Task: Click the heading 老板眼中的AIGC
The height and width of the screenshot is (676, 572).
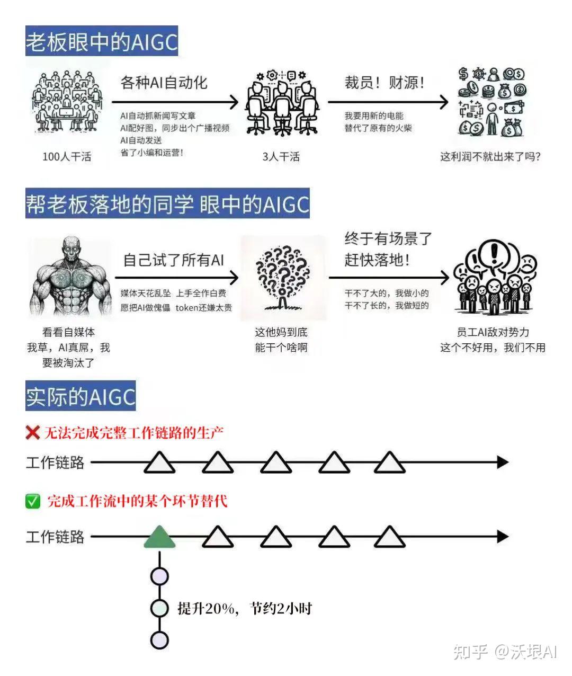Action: [102, 41]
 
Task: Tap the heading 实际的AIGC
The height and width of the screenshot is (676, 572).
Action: [81, 396]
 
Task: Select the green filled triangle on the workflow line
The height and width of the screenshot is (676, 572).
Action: [159, 537]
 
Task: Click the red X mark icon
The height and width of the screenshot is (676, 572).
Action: [33, 433]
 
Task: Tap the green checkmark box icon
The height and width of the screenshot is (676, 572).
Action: [33, 501]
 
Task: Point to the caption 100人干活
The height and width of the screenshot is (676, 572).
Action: [67, 157]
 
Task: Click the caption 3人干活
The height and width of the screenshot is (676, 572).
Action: [281, 157]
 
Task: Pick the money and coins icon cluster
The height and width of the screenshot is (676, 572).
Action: [493, 102]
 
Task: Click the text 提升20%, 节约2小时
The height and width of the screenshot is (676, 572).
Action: [244, 608]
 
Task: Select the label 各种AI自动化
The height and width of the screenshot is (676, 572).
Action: [164, 83]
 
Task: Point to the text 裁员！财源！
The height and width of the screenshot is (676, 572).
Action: [385, 83]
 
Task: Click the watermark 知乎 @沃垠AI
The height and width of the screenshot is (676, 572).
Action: [505, 652]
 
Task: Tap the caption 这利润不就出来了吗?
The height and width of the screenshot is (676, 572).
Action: [490, 157]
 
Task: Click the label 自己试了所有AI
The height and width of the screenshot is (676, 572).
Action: [173, 260]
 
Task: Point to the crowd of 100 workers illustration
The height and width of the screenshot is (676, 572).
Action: [67, 102]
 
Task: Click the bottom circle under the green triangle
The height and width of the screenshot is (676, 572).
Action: [159, 640]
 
